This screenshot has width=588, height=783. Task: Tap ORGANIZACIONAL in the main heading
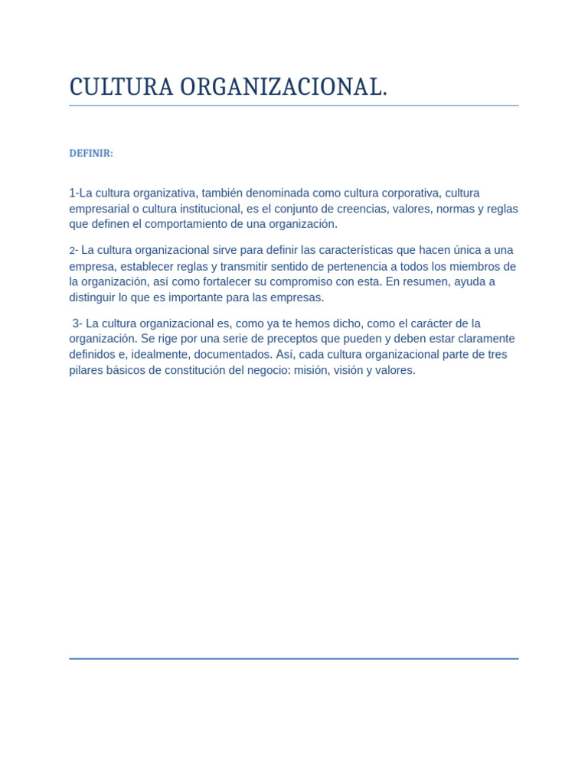[283, 87]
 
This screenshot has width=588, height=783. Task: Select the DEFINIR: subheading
[91, 153]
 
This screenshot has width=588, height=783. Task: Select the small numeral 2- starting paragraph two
[73, 251]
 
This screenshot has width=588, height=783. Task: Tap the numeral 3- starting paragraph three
[77, 323]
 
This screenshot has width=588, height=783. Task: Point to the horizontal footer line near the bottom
[294, 658]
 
